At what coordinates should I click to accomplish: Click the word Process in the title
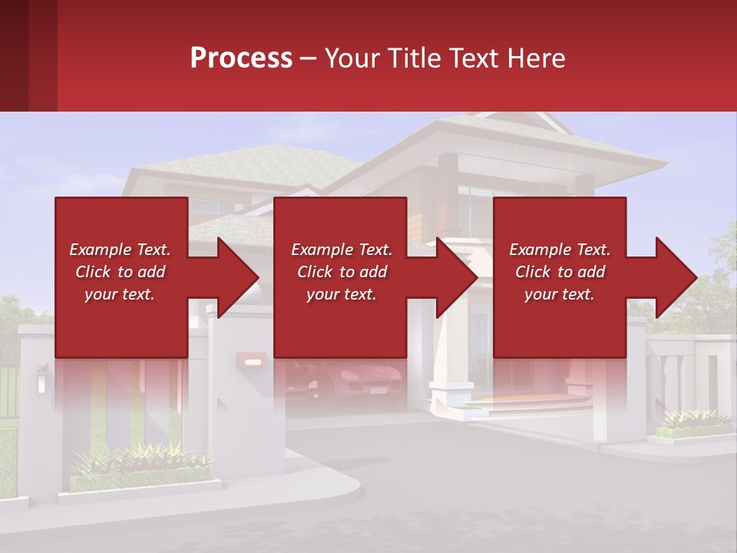coord(241,58)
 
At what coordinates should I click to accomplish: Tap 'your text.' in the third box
coord(560,294)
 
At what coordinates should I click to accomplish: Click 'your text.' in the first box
coord(120,294)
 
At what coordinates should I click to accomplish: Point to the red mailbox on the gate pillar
coord(251,358)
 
